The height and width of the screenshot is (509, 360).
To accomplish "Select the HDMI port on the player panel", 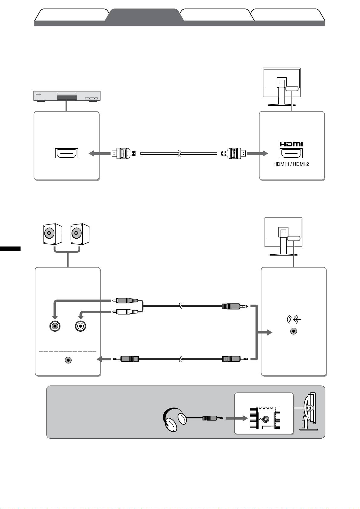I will tap(66, 153).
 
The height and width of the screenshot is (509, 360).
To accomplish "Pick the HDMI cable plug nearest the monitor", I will tap(234, 153).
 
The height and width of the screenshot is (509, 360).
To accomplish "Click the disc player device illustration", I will tap(67, 96).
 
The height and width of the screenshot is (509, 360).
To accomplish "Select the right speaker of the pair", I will tap(79, 234).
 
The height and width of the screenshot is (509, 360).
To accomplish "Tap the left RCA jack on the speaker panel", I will tap(55, 326).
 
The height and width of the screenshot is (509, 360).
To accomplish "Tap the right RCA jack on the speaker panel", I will tap(81, 326).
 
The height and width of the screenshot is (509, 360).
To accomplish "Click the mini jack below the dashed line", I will tap(69, 360).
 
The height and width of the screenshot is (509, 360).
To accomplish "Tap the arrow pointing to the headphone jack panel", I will tap(235, 419).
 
